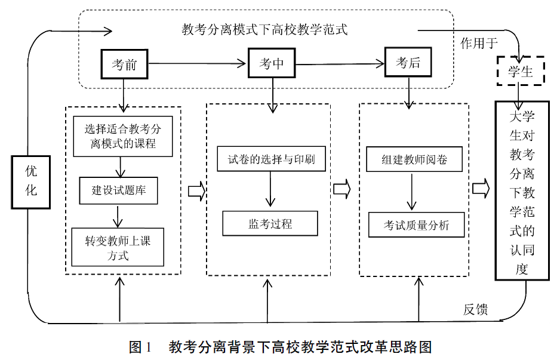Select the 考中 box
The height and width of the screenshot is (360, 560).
pyautogui.click(x=272, y=64)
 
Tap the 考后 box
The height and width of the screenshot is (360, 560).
pyautogui.click(x=408, y=63)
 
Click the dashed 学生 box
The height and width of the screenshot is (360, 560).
pyautogui.click(x=520, y=72)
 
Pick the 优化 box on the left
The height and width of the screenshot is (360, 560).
pyautogui.click(x=30, y=181)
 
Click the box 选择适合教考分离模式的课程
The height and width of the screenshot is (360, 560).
pyautogui.click(x=122, y=136)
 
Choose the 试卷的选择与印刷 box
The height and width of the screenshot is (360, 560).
pyautogui.click(x=272, y=161)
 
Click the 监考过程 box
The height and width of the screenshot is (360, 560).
pyautogui.click(x=270, y=224)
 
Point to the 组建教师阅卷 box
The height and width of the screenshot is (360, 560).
pyautogui.click(x=414, y=160)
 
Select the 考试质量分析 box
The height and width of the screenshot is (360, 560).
pyautogui.click(x=416, y=225)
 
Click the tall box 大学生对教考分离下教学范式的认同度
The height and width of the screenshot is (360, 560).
pyautogui.click(x=522, y=190)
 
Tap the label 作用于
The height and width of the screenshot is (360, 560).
pyautogui.click(x=479, y=43)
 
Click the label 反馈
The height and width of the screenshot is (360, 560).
pyautogui.click(x=475, y=309)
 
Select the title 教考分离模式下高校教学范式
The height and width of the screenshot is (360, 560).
pyautogui.click(x=264, y=29)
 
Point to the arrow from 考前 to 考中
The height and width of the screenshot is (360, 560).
pyautogui.click(x=197, y=63)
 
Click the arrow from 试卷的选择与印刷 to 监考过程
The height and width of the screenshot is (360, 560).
pyautogui.click(x=272, y=191)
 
